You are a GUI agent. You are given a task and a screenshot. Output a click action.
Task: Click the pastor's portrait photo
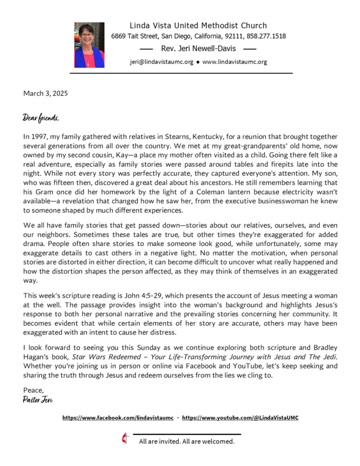(89, 45)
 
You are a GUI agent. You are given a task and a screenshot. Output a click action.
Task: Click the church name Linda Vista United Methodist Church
(198, 26)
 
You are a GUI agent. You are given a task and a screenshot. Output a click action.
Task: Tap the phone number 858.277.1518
(267, 36)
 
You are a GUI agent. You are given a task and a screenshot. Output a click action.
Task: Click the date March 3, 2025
(46, 93)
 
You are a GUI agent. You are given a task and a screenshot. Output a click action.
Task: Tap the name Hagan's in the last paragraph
(36, 357)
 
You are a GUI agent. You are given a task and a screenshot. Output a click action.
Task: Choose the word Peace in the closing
(33, 390)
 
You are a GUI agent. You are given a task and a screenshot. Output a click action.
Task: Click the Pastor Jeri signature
(37, 400)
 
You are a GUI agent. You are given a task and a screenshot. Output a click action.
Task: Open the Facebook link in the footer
(118, 418)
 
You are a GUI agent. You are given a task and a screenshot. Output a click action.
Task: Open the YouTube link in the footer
(240, 418)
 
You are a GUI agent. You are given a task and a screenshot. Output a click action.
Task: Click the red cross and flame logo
(125, 439)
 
